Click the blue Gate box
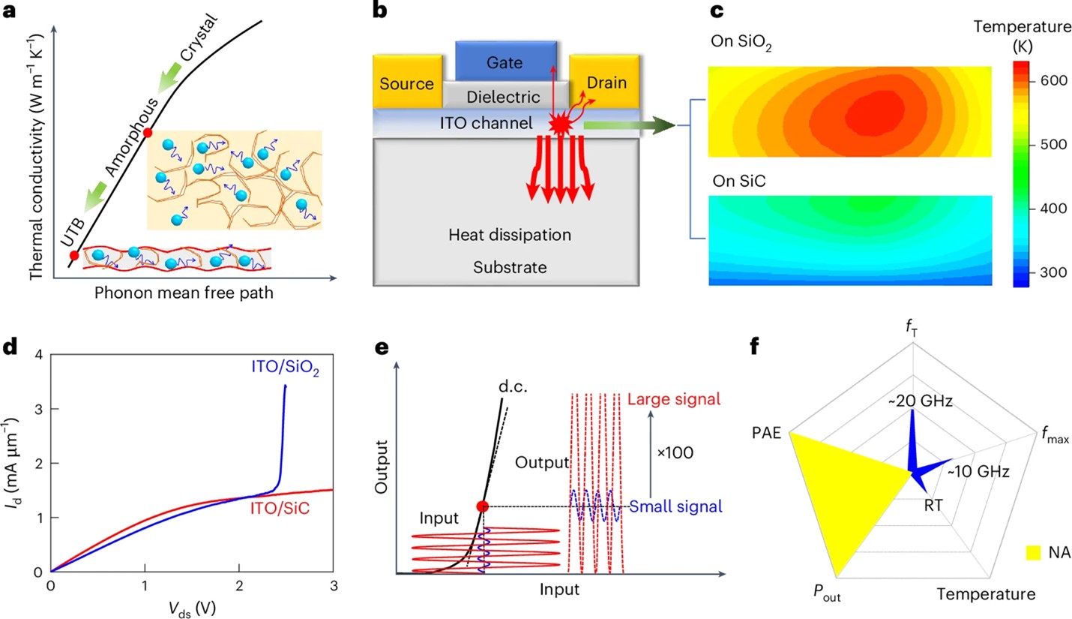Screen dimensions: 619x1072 coord(507,61)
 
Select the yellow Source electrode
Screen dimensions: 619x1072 coord(405,84)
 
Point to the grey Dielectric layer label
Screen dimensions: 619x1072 coord(503,97)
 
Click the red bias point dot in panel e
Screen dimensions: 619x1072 coord(483,506)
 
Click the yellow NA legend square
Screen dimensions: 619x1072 coord(1035,554)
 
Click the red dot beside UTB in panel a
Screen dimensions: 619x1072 coord(73,256)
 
